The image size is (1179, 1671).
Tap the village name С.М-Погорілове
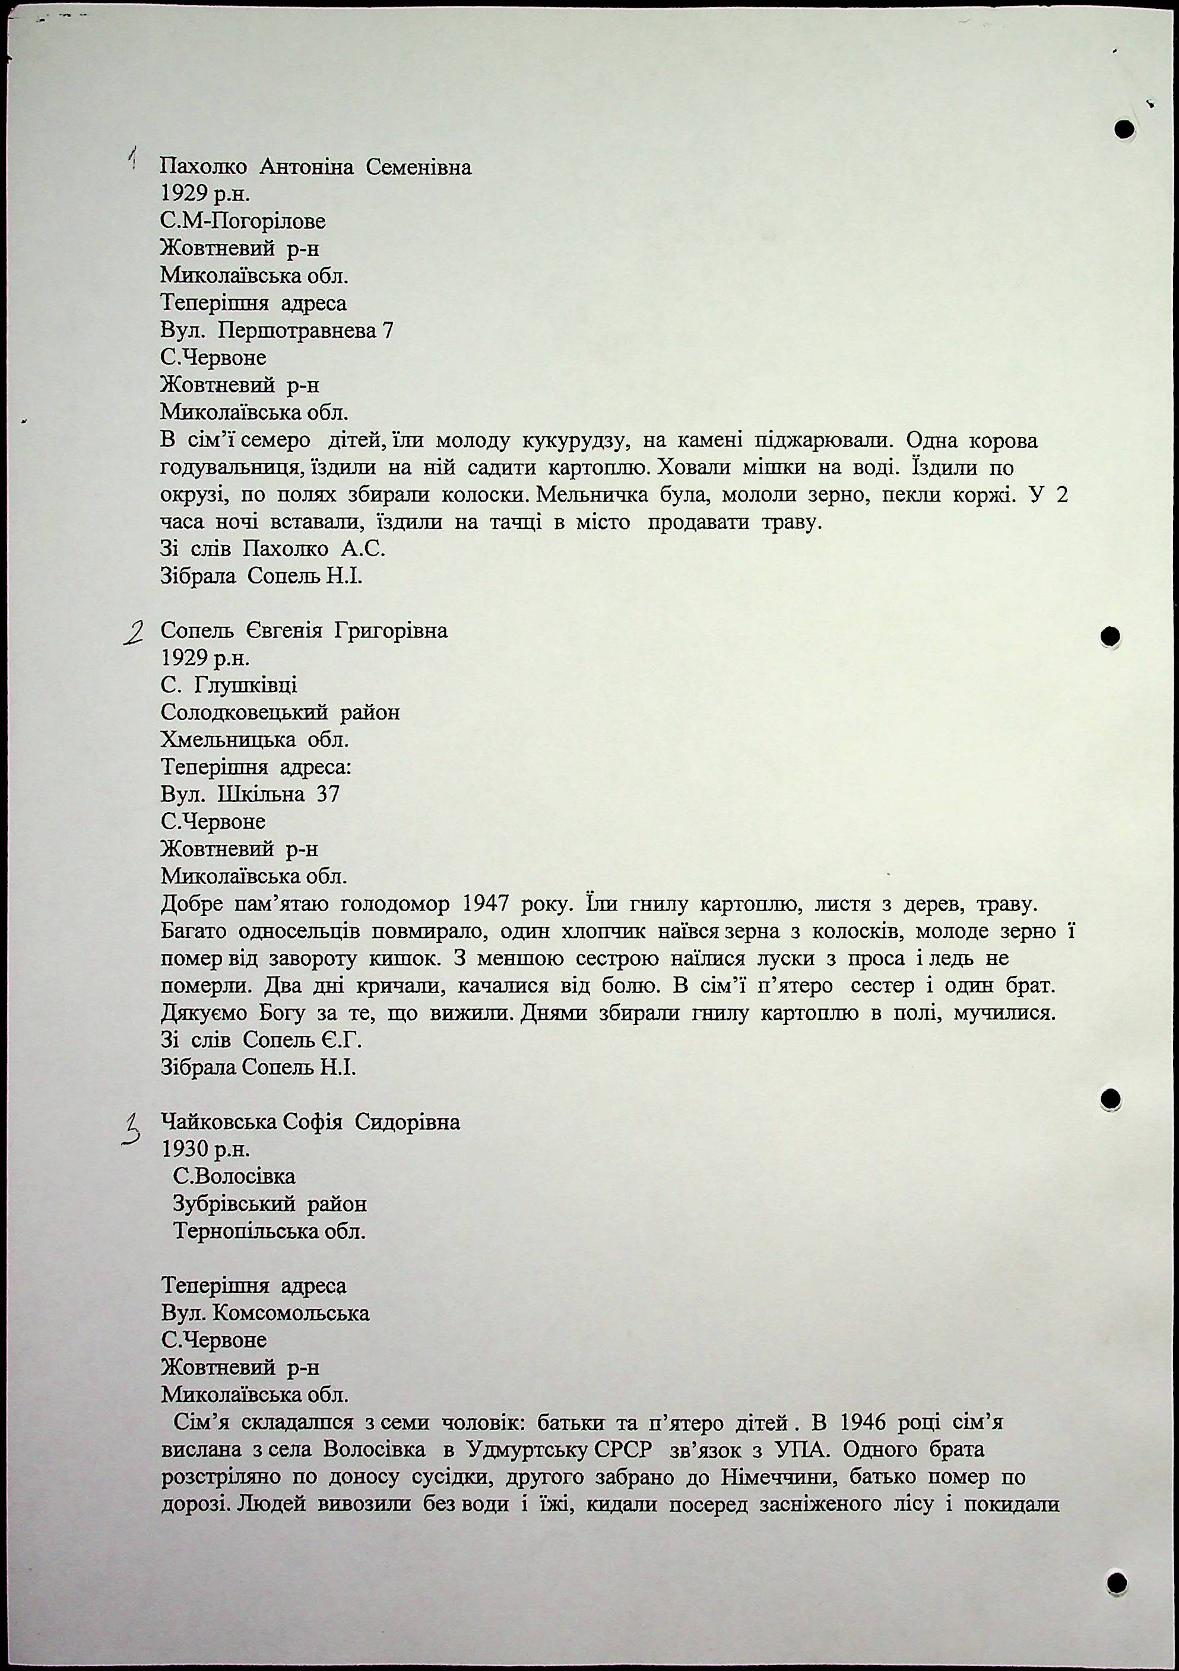tap(242, 221)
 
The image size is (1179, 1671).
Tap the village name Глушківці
tap(242, 686)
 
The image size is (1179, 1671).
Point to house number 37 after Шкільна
tap(328, 794)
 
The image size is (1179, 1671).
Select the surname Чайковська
tap(218, 1123)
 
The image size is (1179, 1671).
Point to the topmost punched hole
tap(1124, 129)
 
